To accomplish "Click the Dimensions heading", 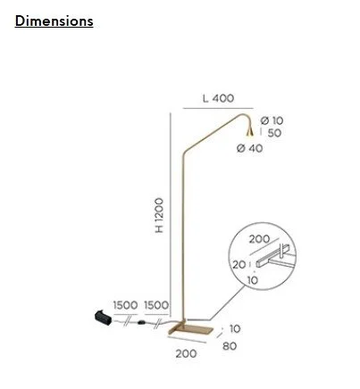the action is point(54,21).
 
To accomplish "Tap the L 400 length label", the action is point(218,98).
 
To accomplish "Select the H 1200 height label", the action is point(159,215).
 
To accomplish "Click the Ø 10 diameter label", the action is point(272,120).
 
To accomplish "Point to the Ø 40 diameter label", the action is point(249,148).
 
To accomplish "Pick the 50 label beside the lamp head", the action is point(274,133).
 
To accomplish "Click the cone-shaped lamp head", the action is point(249,132).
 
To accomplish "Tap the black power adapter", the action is point(104,317).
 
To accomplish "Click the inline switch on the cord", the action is point(141,322).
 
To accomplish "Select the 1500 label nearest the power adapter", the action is point(125,305).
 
